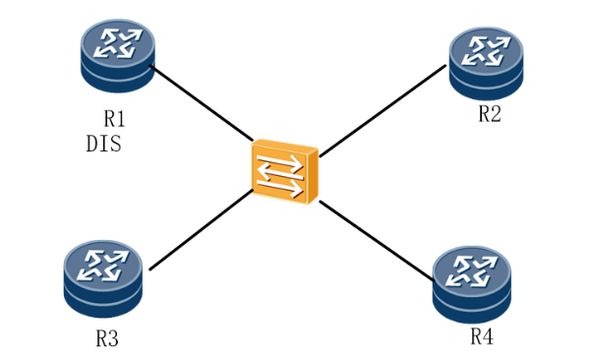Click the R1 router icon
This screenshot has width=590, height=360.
point(118,56)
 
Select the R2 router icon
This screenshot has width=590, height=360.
point(486,63)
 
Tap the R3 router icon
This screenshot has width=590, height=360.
point(103,279)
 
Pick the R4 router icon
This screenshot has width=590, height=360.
point(472,284)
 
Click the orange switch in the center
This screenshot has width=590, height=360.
point(285,172)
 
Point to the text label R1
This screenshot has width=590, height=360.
point(114,119)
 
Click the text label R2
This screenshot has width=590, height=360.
point(490,113)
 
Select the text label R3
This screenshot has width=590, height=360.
point(107,338)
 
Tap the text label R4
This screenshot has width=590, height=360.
point(482,336)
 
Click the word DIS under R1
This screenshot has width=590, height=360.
point(104,144)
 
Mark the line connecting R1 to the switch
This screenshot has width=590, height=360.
point(202,103)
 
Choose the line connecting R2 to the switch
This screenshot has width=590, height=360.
point(383,111)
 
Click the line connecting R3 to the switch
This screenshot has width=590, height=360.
point(201,230)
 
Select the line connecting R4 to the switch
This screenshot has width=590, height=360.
point(377,241)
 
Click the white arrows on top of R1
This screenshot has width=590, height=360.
point(118,43)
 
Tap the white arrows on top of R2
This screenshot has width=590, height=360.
point(486,51)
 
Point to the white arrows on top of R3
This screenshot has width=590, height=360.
point(103,266)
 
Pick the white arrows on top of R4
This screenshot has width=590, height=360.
point(472,271)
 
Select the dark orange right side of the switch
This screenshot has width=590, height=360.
point(313,175)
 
